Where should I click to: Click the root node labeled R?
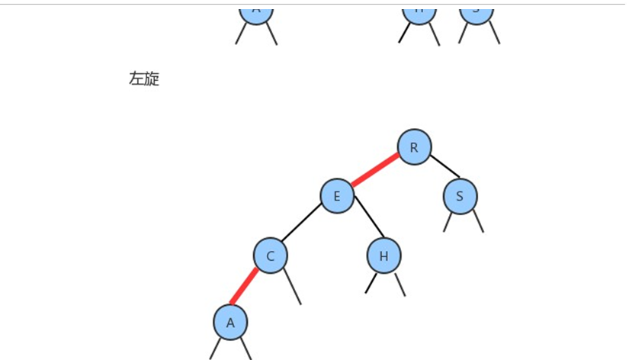pyautogui.click(x=415, y=146)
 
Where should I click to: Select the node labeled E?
pyautogui.click(x=337, y=196)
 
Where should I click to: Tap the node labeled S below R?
pyautogui.click(x=460, y=196)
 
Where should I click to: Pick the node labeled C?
pyautogui.click(x=271, y=256)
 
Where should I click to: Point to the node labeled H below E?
pyautogui.click(x=383, y=256)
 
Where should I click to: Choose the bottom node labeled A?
pyautogui.click(x=230, y=322)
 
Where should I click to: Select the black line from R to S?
pyautogui.click(x=445, y=166)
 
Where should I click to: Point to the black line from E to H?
pyautogui.click(x=365, y=222)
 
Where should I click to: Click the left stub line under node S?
pyautogui.click(x=448, y=222)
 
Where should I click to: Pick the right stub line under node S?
pyautogui.click(x=477, y=221)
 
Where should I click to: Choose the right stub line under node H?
pyautogui.click(x=399, y=284)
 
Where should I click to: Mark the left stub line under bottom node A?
pyautogui.click(x=216, y=349)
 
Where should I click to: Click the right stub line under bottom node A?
pyautogui.click(x=246, y=349)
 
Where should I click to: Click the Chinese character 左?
pyautogui.click(x=136, y=79)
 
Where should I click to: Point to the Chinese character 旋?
pyautogui.click(x=152, y=79)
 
